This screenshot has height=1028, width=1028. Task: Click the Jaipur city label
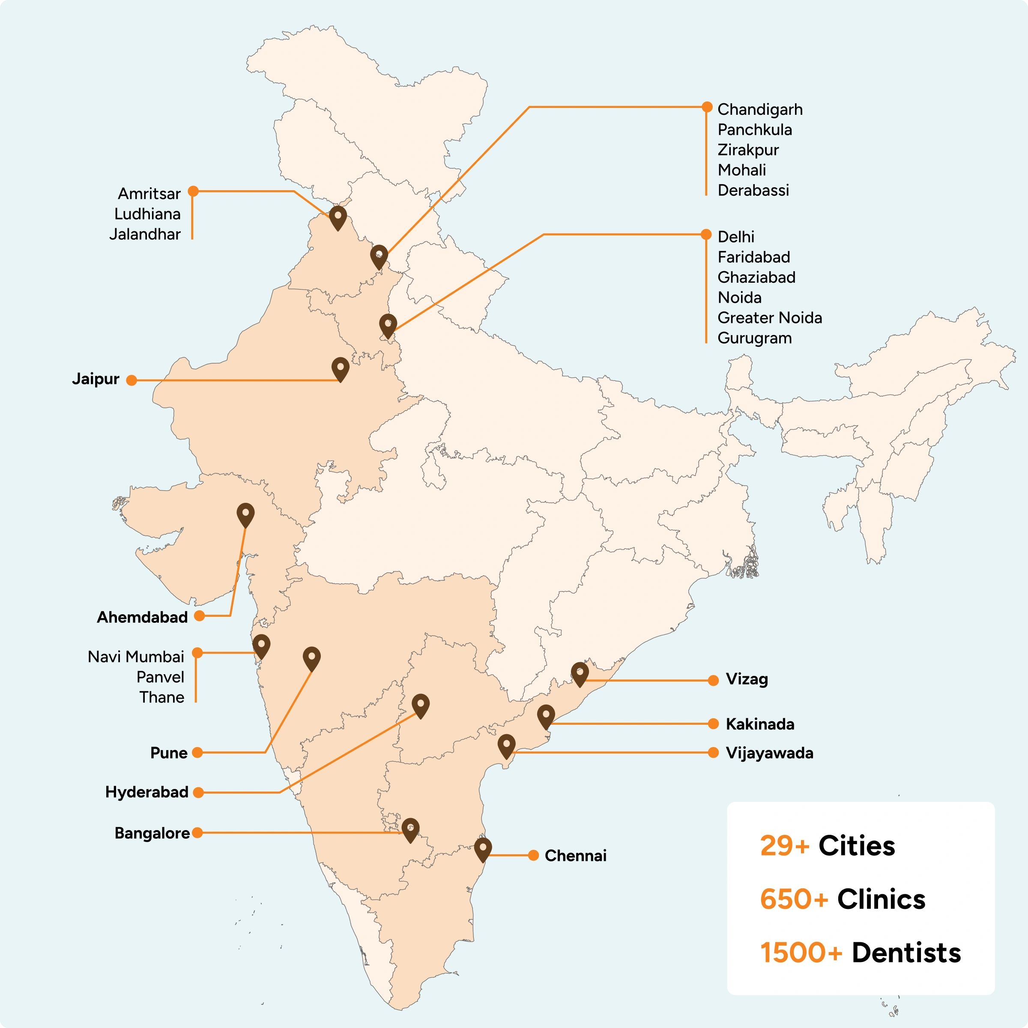pos(96,379)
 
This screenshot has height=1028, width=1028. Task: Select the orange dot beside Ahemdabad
pos(200,616)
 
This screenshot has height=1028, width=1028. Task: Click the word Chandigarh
pos(760,110)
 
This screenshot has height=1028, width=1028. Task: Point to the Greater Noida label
pos(769,318)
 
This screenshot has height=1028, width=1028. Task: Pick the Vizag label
pos(747,679)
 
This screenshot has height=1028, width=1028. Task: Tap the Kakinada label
pos(760,724)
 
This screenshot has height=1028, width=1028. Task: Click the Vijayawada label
pos(769,753)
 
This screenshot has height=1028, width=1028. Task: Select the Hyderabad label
pos(147,792)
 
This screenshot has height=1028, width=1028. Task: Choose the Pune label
pos(169,753)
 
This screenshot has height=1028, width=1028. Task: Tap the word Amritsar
pos(149,194)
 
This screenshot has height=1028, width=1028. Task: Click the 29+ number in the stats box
pos(784,846)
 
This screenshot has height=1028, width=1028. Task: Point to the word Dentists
pos(906,953)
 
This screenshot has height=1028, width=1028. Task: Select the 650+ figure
pos(794,899)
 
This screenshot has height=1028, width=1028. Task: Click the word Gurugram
pos(754,338)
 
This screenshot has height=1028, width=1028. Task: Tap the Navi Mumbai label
pos(136,657)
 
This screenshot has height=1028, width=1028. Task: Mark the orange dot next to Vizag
pos(714,681)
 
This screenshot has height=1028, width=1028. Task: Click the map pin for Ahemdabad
pos(245,514)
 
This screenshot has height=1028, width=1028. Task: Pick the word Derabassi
pos(753,191)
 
